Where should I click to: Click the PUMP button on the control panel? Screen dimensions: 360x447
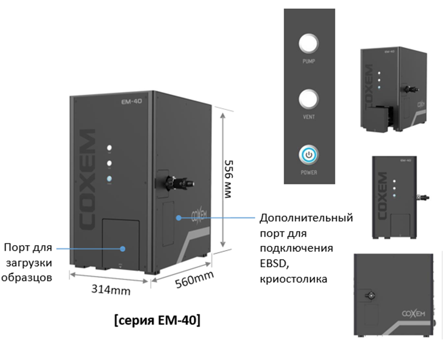[x=309, y=44]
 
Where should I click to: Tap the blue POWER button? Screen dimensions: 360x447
[x=308, y=155]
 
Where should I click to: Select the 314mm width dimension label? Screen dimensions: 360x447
[x=111, y=290]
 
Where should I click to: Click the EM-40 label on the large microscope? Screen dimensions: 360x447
[x=131, y=101]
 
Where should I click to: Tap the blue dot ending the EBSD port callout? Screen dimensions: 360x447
[x=179, y=218]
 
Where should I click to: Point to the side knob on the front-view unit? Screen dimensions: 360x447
[x=422, y=196]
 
